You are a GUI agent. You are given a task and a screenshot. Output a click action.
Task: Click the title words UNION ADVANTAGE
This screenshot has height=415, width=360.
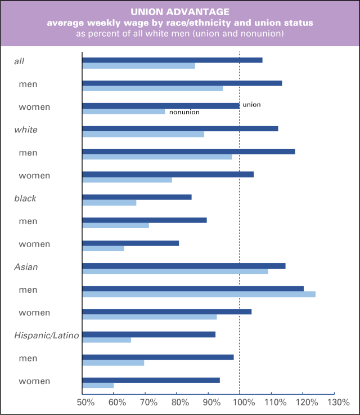pyautogui.click(x=180, y=11)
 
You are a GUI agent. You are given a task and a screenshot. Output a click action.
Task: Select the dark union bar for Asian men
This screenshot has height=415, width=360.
pyautogui.click(x=192, y=288)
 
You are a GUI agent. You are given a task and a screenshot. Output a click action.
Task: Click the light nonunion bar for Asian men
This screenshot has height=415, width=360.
pyautogui.click(x=199, y=294)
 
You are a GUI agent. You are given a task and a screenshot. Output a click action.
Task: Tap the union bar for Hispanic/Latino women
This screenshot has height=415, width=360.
pyautogui.click(x=151, y=380)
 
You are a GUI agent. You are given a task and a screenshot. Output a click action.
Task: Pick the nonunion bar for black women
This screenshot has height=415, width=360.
pyautogui.click(x=103, y=248)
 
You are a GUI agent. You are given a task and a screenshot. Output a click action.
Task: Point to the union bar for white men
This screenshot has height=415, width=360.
pyautogui.click(x=188, y=151)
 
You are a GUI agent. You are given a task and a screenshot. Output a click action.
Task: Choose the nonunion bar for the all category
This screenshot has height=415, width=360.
pyautogui.click(x=138, y=66)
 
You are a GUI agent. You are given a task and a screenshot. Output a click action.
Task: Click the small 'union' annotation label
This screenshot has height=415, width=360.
pyautogui.click(x=251, y=105)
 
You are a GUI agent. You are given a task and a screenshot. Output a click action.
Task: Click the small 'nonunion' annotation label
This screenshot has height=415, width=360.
pyautogui.click(x=184, y=112)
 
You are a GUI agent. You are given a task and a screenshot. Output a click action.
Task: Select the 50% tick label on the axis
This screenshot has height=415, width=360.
pyautogui.click(x=85, y=403)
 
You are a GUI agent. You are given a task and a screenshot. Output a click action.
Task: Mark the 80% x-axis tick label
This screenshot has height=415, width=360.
pyautogui.click(x=179, y=403)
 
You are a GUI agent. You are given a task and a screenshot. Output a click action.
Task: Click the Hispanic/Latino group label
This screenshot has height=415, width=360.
pyautogui.click(x=47, y=336)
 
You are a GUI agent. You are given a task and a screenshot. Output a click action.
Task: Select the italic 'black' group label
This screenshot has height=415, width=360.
pyautogui.click(x=26, y=198)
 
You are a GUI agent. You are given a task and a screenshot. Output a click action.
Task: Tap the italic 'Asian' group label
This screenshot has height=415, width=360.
pyautogui.click(x=26, y=267)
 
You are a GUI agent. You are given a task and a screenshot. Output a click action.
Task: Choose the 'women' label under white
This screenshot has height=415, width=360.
pyautogui.click(x=34, y=176)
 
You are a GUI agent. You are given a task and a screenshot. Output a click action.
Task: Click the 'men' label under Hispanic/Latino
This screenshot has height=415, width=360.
pyautogui.click(x=28, y=358)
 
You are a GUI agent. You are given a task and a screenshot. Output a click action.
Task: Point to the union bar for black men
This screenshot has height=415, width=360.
pyautogui.click(x=145, y=220)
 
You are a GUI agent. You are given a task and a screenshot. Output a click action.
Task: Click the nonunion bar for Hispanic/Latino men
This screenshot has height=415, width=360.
pyautogui.click(x=113, y=363)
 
